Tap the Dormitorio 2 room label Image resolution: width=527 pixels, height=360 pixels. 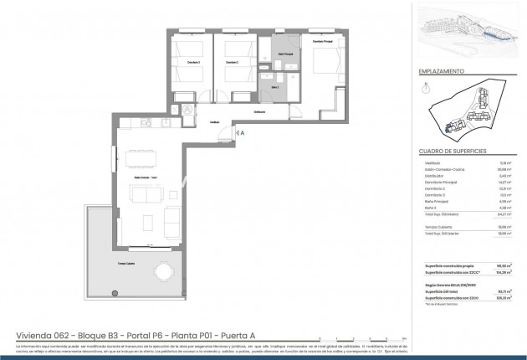[231, 63]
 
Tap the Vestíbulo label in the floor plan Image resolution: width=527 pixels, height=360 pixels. [214, 122]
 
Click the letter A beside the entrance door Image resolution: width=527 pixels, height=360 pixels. [243, 131]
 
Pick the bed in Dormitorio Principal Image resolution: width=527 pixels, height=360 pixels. [321, 65]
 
